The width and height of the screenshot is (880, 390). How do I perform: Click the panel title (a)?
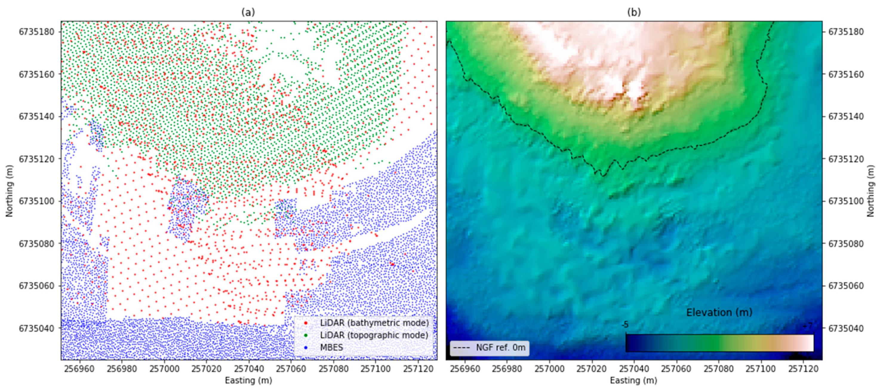pos(248,12)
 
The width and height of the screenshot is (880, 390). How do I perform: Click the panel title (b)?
pos(634,12)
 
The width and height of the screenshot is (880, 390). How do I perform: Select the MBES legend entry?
pos(331,348)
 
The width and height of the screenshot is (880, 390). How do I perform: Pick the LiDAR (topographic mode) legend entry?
pos(374,335)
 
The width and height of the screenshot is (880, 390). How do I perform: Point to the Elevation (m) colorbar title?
pos(719,312)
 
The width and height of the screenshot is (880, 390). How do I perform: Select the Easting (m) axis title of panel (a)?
pos(248,380)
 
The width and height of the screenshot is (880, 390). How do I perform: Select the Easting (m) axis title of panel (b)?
pos(634,380)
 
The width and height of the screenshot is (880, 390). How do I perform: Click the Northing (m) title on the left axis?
pos(9,191)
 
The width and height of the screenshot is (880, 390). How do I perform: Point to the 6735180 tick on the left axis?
pos(36,32)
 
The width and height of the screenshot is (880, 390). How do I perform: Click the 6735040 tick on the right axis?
pos(846,328)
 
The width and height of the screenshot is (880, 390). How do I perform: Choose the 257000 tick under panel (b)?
pos(550,369)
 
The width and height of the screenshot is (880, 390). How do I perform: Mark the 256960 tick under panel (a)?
pos(80,369)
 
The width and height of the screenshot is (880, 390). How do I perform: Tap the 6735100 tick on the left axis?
pos(36,201)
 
